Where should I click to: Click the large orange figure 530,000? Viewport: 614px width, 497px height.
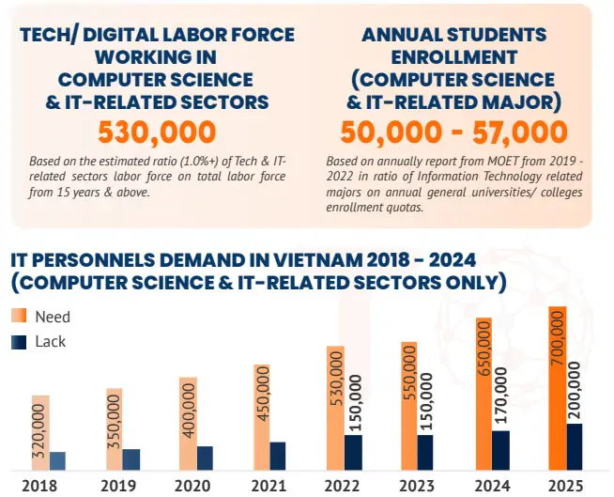157,132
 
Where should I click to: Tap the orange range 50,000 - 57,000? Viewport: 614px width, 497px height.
453,132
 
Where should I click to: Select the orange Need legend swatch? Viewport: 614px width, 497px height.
19,316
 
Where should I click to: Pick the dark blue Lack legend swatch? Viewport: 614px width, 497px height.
19,342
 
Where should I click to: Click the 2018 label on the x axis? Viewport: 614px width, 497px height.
39,486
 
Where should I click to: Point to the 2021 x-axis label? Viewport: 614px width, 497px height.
268,486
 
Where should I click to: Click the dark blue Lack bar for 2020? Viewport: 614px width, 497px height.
205,458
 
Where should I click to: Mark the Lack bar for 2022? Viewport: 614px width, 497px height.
353,452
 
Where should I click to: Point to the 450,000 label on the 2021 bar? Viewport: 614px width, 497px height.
262,404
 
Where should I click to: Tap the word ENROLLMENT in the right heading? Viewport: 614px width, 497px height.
453,56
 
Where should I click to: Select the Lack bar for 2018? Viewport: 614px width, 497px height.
58,460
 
